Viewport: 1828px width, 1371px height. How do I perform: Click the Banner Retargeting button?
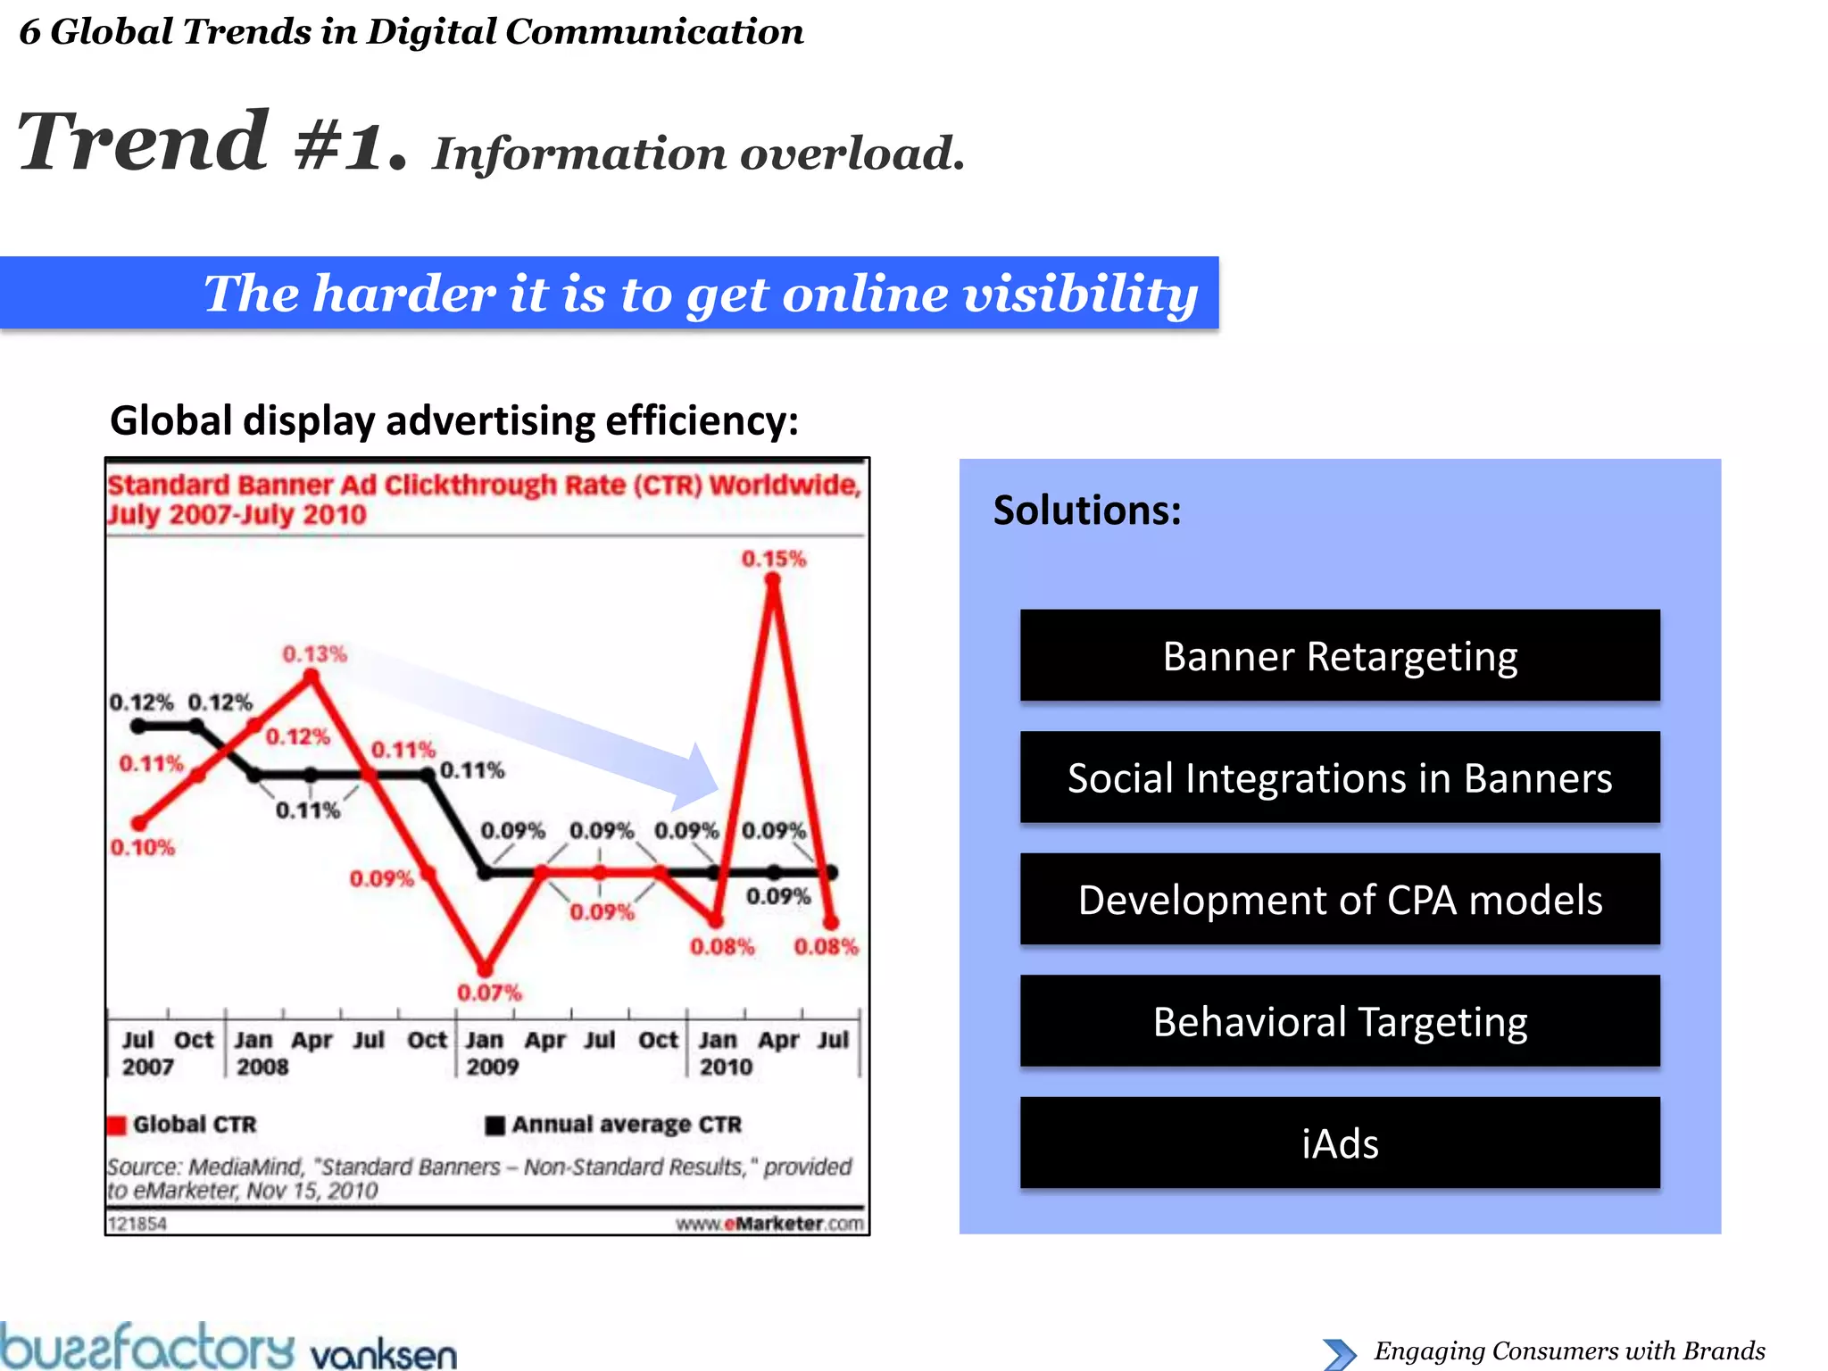click(1339, 656)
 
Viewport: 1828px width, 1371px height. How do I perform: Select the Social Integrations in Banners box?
click(1339, 777)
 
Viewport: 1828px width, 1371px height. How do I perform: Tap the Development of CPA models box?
click(1339, 900)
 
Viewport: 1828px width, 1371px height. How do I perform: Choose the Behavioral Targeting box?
click(1339, 1021)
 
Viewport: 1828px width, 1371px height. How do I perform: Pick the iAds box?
click(1339, 1143)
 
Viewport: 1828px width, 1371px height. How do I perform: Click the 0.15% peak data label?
click(773, 560)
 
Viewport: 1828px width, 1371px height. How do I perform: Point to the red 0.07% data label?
click(489, 993)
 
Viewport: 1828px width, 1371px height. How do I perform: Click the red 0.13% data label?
click(314, 654)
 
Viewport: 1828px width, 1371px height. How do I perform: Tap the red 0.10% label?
click(143, 847)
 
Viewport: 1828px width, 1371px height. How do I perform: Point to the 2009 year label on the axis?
click(492, 1067)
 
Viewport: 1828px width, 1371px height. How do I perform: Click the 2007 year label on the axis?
click(148, 1067)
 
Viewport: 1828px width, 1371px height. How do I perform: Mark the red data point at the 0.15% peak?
click(773, 581)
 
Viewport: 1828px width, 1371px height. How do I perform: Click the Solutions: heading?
click(1087, 511)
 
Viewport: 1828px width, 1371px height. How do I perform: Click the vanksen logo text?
click(384, 1354)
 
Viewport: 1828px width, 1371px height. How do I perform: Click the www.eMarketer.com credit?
click(769, 1224)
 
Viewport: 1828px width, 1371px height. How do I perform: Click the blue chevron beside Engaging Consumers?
click(1339, 1353)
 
